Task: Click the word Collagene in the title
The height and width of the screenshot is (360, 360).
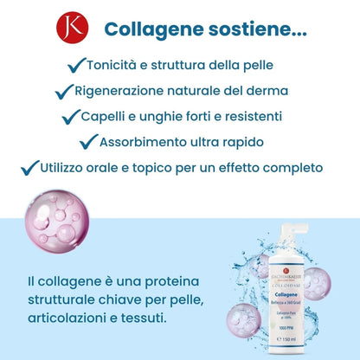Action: (x=148, y=29)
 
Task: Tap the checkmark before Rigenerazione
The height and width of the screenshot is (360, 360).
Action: (x=64, y=91)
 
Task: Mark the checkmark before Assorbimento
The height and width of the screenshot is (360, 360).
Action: (x=89, y=141)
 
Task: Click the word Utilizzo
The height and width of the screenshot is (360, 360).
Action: (x=68, y=166)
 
